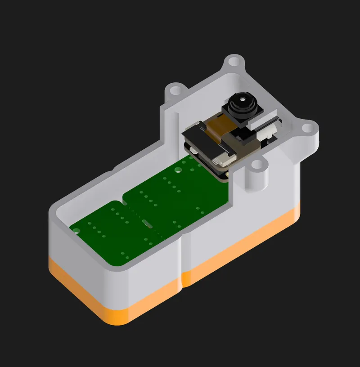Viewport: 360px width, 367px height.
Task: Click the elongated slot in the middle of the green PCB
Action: [147, 222]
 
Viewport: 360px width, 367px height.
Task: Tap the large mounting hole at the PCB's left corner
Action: [77, 230]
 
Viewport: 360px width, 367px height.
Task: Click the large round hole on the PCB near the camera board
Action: [178, 170]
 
